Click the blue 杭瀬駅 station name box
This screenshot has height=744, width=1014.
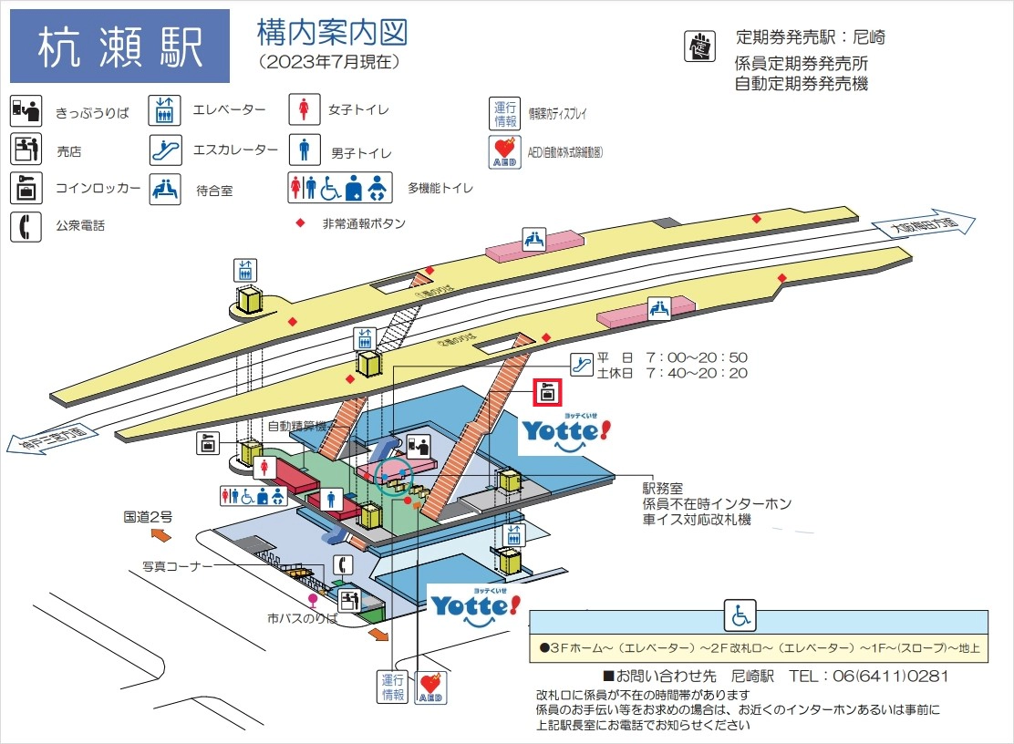[119, 46]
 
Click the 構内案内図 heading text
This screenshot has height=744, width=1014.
[333, 34]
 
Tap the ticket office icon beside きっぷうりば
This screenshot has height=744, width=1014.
[26, 110]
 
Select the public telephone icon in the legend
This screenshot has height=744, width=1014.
[26, 224]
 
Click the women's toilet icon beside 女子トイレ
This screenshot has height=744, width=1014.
[303, 109]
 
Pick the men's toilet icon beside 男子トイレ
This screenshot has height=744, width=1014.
[303, 148]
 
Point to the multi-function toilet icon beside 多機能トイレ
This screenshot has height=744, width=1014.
[340, 187]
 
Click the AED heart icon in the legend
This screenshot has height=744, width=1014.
[503, 150]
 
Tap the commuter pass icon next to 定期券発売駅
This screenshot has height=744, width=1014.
[699, 46]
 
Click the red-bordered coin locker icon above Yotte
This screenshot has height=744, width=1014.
[547, 393]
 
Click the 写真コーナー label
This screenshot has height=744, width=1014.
[177, 566]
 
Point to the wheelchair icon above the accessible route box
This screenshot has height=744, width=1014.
[740, 616]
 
